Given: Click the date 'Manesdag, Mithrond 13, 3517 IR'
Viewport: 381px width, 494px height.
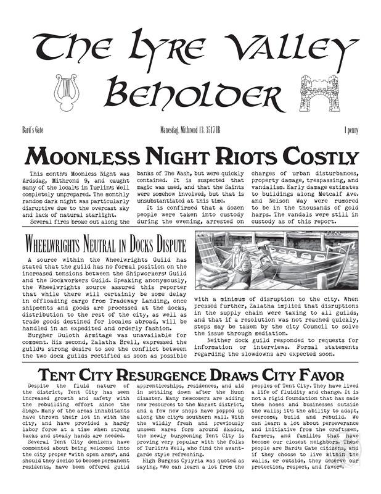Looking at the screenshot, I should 190,131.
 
